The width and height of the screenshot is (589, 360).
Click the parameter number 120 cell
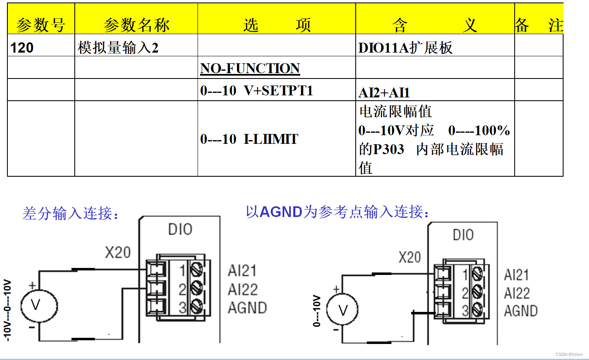[22, 48]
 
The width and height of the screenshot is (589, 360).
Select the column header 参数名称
[136, 25]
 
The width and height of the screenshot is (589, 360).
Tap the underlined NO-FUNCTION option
[250, 68]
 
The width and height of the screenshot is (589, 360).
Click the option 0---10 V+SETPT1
[257, 90]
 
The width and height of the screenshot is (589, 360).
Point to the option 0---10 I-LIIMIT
[249, 139]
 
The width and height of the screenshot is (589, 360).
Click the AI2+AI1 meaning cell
[384, 92]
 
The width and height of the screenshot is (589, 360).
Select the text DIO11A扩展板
[405, 48]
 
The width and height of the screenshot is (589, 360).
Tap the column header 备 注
[538, 25]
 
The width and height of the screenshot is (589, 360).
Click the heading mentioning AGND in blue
[338, 212]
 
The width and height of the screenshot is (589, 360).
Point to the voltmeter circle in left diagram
[39, 306]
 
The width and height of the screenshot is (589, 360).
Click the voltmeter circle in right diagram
[342, 309]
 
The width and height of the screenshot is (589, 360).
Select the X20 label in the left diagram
[118, 252]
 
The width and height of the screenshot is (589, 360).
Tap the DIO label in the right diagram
[463, 235]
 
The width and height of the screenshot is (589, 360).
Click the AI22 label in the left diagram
[243, 289]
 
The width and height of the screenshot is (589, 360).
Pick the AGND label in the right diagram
[521, 311]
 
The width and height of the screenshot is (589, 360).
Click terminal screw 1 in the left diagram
[196, 270]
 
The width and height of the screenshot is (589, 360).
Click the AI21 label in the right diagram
[516, 275]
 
